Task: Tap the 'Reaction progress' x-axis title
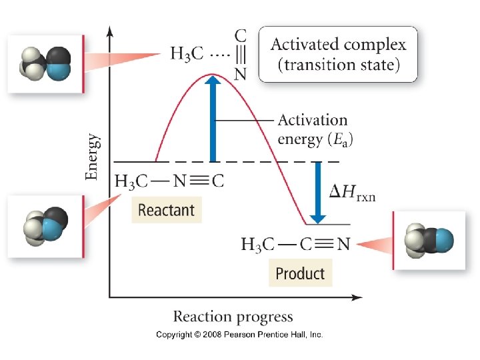(x=233, y=316)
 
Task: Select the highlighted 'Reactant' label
(x=166, y=210)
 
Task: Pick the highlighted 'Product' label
(x=300, y=273)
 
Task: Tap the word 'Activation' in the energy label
(x=312, y=120)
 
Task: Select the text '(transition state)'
(x=338, y=65)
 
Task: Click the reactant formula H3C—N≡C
(x=169, y=181)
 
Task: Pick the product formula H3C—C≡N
(x=294, y=244)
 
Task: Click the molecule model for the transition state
(x=45, y=63)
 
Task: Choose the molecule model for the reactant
(x=45, y=226)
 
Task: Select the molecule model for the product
(x=429, y=241)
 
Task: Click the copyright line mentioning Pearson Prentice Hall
(x=239, y=335)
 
